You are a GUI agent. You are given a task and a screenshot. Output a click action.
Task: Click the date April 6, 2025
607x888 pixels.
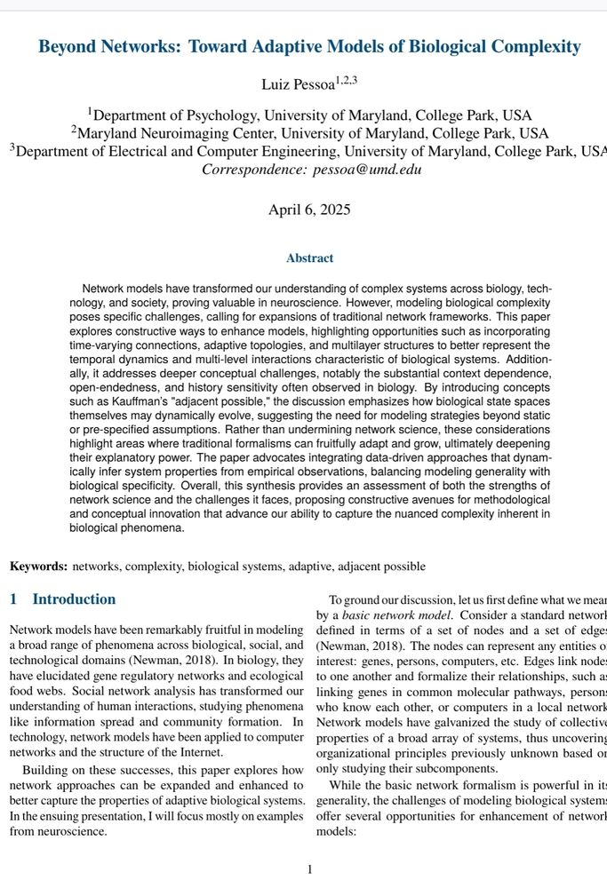coord(309,210)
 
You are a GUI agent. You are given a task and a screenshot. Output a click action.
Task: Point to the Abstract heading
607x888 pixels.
coord(309,258)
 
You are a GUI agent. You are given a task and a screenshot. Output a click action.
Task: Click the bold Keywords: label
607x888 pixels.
coord(38,566)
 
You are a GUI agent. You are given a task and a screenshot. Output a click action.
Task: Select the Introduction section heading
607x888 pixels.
coord(74,599)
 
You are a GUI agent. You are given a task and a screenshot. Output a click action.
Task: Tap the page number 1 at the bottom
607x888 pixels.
coord(309,869)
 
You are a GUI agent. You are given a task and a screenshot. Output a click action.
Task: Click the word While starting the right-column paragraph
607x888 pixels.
coord(346,785)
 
